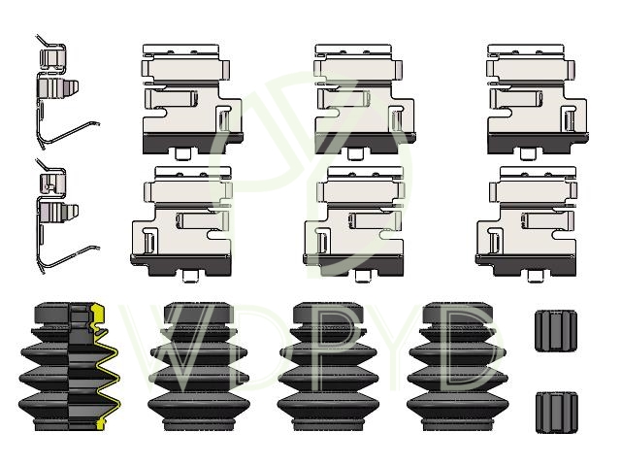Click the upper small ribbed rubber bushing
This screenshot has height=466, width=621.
[x=556, y=331]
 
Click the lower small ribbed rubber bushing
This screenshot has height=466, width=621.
[x=556, y=412]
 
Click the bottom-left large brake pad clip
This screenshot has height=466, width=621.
[x=181, y=224]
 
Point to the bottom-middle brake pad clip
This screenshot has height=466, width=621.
[x=353, y=224]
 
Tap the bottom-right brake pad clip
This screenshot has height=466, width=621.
[x=527, y=224]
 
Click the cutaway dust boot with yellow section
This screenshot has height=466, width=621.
[x=69, y=367]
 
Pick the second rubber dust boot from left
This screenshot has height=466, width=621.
[x=199, y=367]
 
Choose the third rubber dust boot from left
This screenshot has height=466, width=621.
[x=328, y=367]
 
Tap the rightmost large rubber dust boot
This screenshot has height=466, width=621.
[x=458, y=367]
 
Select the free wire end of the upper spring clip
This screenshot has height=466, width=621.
[x=97, y=123]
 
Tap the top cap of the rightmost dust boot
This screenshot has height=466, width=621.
[x=458, y=313]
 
